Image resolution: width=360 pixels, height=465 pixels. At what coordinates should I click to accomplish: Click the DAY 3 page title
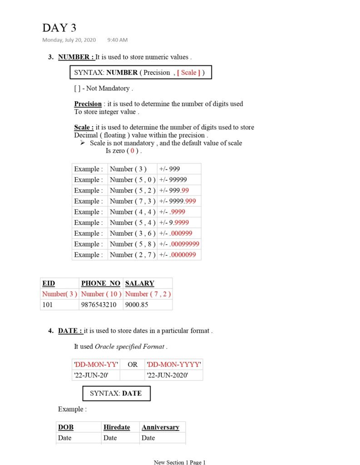(x=59, y=28)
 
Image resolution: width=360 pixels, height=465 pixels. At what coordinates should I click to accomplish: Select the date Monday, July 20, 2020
(x=69, y=40)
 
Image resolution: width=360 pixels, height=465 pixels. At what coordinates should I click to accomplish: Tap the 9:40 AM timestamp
(x=118, y=40)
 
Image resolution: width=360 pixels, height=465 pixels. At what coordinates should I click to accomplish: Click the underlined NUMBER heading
(x=76, y=57)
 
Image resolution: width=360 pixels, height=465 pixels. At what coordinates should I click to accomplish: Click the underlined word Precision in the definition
(x=88, y=104)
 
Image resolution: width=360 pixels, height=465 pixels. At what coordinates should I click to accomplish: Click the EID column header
(x=49, y=283)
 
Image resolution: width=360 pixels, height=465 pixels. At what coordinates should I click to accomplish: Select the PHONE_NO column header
(x=101, y=283)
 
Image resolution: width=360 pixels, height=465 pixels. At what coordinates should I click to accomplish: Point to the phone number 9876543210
(x=99, y=305)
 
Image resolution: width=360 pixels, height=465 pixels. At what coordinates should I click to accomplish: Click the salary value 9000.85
(x=137, y=305)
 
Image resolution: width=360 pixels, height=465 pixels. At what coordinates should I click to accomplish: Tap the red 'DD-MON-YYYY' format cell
(x=174, y=364)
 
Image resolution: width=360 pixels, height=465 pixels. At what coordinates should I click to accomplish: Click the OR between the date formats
(x=133, y=364)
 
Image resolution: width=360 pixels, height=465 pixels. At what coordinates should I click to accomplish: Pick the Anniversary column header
(x=160, y=427)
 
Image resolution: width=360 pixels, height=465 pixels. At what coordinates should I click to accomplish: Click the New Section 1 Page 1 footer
(x=180, y=462)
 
